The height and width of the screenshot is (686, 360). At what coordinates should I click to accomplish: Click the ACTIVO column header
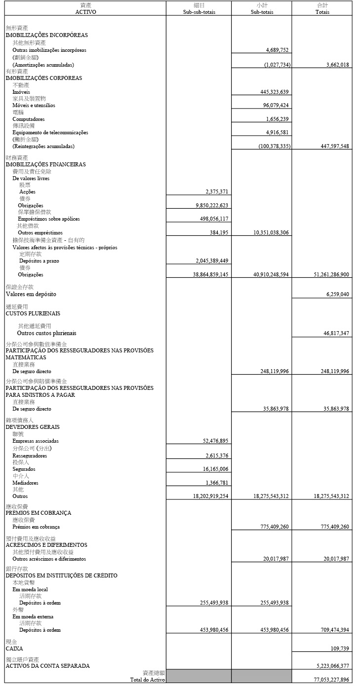[x=85, y=12]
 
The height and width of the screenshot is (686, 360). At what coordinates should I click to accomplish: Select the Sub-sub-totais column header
[x=199, y=12]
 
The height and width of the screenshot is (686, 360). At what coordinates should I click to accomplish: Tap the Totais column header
[x=322, y=12]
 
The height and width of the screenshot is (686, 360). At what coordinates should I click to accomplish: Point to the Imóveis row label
[x=21, y=92]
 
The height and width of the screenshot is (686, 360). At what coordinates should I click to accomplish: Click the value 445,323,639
[x=274, y=92]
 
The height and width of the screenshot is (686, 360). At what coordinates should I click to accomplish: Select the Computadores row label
[x=29, y=119]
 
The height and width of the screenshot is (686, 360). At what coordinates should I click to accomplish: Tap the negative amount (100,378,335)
[x=274, y=147]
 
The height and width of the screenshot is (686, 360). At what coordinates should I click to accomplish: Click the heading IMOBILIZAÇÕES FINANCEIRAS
[x=45, y=164]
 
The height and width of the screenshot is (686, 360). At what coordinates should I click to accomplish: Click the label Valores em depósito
[x=31, y=294]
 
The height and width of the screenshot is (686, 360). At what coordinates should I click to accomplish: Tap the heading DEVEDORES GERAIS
[x=33, y=427]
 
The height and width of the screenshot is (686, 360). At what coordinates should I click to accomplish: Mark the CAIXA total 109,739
[x=340, y=648]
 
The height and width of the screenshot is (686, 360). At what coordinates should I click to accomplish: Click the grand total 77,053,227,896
[x=327, y=680]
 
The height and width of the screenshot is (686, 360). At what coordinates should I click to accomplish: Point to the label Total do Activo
[x=147, y=680]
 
